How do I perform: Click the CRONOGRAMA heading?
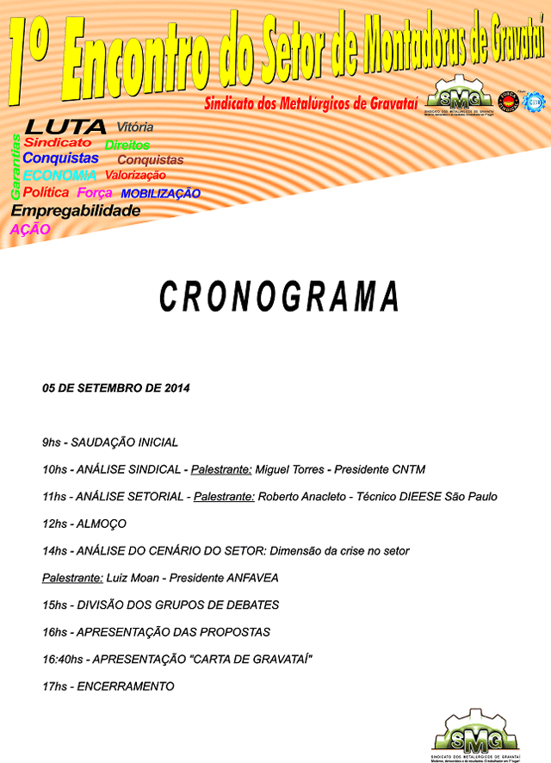pos(279,296)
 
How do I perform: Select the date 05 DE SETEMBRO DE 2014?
pos(116,388)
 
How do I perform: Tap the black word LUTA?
pos(65,127)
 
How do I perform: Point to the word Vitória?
pos(135,127)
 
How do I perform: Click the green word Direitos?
pos(127,145)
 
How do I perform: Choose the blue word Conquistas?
pos(60,158)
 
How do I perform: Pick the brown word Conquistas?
pos(150,160)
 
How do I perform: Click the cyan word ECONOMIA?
pos(59,175)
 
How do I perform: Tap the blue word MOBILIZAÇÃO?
pos(161,194)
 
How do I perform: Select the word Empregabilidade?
pos(76,211)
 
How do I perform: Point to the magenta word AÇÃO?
pos(30,229)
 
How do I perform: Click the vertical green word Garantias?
pos(15,167)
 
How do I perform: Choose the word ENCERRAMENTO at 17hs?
pos(126,686)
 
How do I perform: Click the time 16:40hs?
pos(62,659)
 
